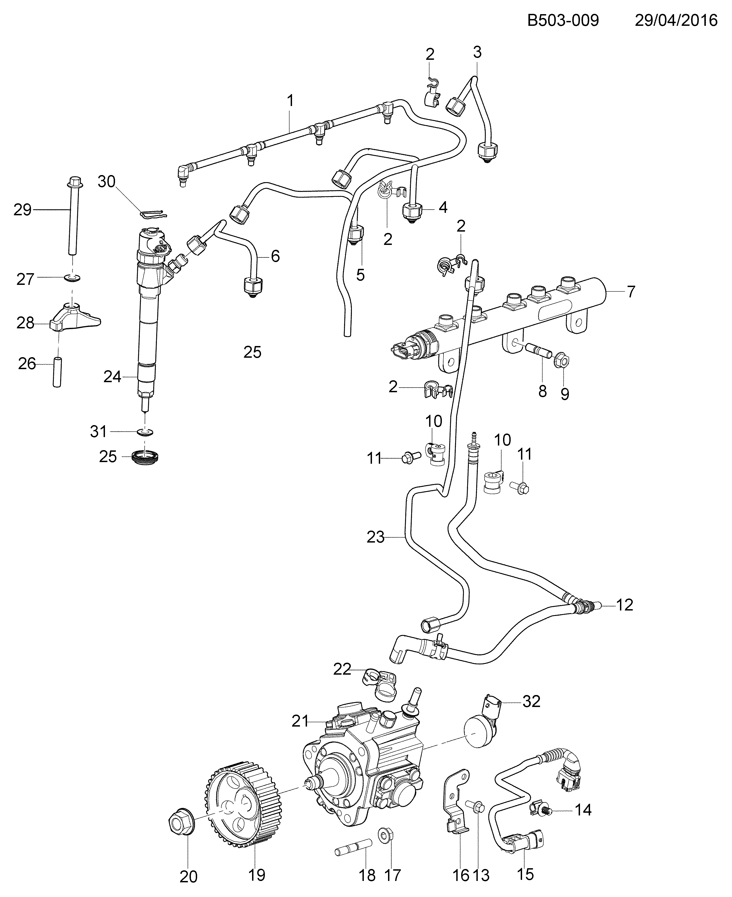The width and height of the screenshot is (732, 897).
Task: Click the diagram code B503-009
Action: [563, 20]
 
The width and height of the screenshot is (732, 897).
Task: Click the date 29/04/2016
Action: [676, 20]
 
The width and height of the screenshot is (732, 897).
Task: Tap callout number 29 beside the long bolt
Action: [22, 210]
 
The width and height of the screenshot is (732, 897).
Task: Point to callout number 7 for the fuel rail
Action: [631, 292]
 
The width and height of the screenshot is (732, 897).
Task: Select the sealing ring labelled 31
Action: [145, 432]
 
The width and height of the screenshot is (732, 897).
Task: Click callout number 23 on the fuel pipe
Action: [375, 537]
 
